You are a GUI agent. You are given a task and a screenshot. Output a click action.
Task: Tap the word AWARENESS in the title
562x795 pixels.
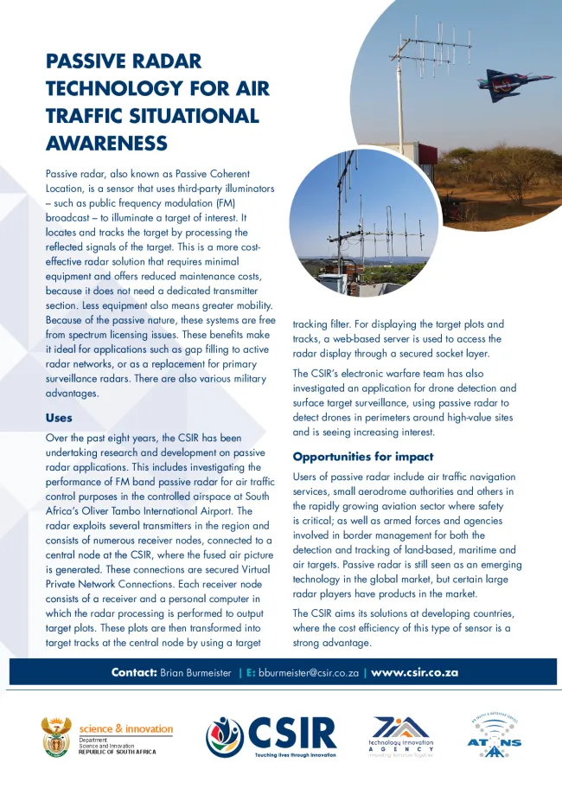click(x=106, y=142)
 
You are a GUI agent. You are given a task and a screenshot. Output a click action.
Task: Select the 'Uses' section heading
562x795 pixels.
click(x=59, y=418)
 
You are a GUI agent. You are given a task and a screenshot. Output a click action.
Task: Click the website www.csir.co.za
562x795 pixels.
click(x=414, y=672)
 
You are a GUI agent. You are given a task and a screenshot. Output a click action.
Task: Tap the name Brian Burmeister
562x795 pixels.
click(x=195, y=672)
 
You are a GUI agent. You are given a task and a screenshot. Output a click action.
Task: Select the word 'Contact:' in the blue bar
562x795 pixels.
click(x=134, y=672)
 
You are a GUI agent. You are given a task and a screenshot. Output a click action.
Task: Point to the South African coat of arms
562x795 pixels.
click(x=56, y=736)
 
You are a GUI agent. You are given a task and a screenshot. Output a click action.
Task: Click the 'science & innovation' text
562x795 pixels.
click(x=126, y=728)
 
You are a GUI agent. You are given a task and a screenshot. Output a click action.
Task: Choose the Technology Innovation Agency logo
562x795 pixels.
click(x=399, y=736)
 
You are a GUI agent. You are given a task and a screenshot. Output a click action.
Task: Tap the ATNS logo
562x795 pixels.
click(x=494, y=736)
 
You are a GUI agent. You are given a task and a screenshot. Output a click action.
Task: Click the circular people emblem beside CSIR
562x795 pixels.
click(x=225, y=737)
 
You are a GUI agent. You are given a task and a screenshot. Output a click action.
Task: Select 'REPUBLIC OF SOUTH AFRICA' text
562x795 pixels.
click(x=118, y=752)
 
